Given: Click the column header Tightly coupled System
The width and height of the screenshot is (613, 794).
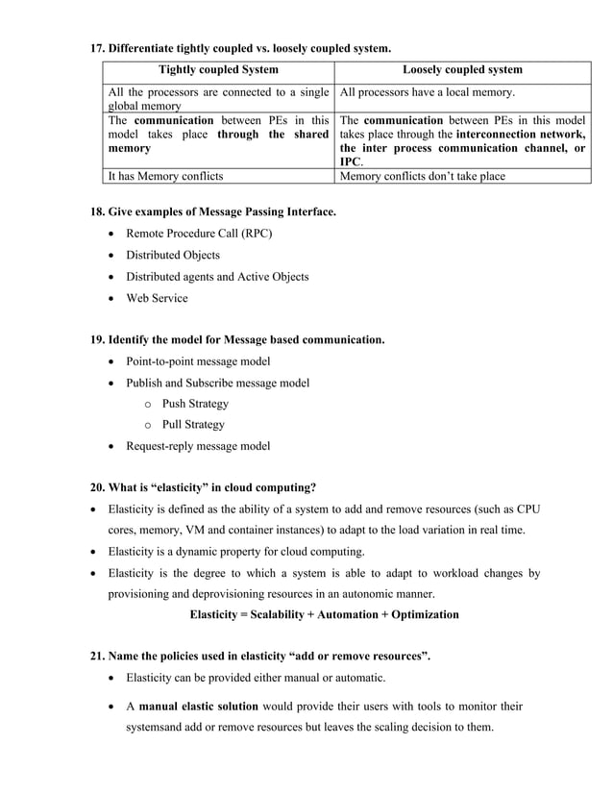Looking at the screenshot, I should tap(218, 70).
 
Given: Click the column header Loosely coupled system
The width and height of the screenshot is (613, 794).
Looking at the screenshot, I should tap(462, 70).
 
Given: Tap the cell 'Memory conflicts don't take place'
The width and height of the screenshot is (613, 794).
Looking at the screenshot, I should tap(422, 176).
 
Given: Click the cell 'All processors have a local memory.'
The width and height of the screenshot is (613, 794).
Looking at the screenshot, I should tap(428, 92).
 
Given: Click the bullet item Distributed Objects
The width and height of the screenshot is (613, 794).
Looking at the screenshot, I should tap(173, 255).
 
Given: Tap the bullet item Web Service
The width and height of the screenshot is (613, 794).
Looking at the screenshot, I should tap(158, 298).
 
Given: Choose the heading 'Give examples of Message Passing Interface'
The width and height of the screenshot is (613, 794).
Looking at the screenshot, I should tap(222, 211).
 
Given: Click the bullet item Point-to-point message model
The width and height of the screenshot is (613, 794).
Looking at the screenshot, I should tap(198, 361).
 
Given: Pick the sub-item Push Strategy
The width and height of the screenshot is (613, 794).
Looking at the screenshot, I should tap(195, 404).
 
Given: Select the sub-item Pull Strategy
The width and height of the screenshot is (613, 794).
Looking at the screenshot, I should tap(193, 425).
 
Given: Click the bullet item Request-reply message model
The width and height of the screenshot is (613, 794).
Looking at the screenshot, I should tap(198, 446).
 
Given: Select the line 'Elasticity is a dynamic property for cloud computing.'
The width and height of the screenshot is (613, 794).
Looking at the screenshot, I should tap(236, 552).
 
